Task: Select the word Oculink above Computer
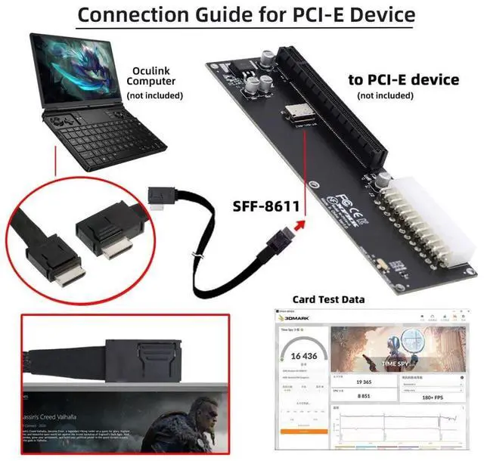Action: click(150, 69)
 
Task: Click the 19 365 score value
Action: click(365, 383)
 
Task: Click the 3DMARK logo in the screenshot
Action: click(296, 320)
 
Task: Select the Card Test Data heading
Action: click(328, 299)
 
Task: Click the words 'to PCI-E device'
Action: click(403, 79)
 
